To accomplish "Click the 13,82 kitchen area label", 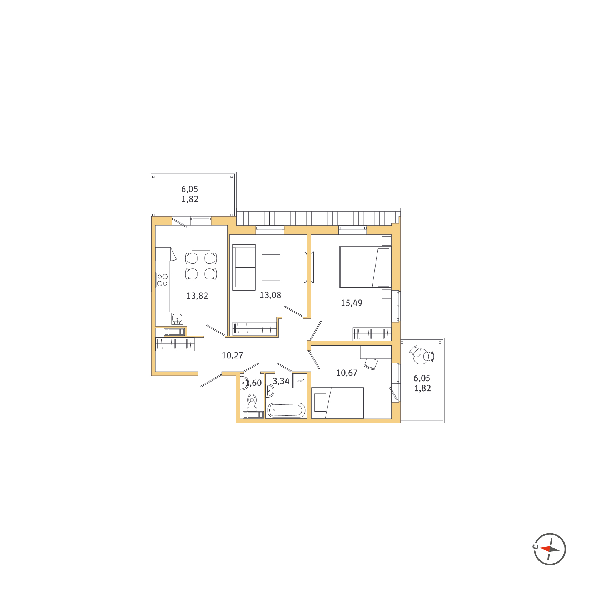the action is (197, 296).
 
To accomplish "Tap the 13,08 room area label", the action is (270, 295).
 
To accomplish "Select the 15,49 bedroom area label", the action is (352, 303).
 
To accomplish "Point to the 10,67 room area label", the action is (347, 373).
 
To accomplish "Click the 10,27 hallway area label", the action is (233, 356).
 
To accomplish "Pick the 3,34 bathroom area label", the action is (281, 381).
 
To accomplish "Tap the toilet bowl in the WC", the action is (252, 403).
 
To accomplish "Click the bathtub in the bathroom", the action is (287, 410).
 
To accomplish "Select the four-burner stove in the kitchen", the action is (163, 280).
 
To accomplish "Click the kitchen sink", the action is (177, 319).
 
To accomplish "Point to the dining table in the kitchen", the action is (201, 266).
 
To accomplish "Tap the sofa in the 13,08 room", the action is (244, 267).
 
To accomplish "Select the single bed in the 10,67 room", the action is (338, 403).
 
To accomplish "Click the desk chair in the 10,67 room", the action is (371, 364).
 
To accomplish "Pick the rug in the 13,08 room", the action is (271, 267).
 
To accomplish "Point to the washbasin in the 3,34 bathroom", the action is (270, 391).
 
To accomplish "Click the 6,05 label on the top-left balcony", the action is (190, 189).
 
